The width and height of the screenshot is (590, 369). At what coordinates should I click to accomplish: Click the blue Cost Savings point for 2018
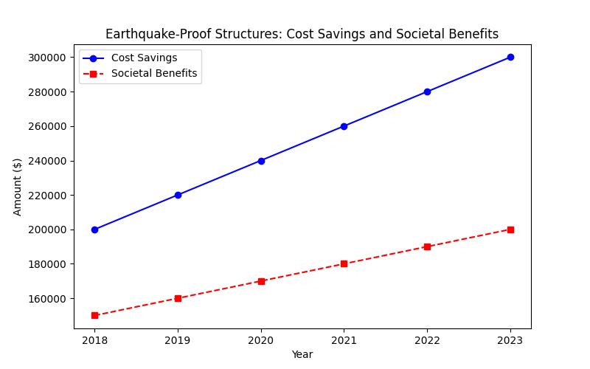pos(94,230)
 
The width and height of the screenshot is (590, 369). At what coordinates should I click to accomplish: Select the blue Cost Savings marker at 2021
pos(344,126)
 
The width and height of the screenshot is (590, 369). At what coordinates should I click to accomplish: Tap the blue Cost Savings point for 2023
pos(510,57)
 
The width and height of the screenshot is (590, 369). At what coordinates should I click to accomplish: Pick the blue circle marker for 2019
pos(178,195)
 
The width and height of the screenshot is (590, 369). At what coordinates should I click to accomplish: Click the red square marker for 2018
pos(94,315)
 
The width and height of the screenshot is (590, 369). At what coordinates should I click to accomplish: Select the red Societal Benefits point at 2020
pos(261,281)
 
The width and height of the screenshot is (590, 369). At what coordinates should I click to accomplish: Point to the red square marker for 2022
pos(427,246)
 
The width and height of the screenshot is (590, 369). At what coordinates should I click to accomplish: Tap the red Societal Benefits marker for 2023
pos(510,230)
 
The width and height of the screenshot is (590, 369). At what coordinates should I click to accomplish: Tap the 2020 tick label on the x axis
pos(261,340)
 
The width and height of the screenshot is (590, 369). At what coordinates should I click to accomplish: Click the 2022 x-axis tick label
pos(427,340)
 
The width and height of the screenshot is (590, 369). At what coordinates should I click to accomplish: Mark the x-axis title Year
pos(302,355)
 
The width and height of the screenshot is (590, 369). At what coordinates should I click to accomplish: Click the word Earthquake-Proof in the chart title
pos(151,35)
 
